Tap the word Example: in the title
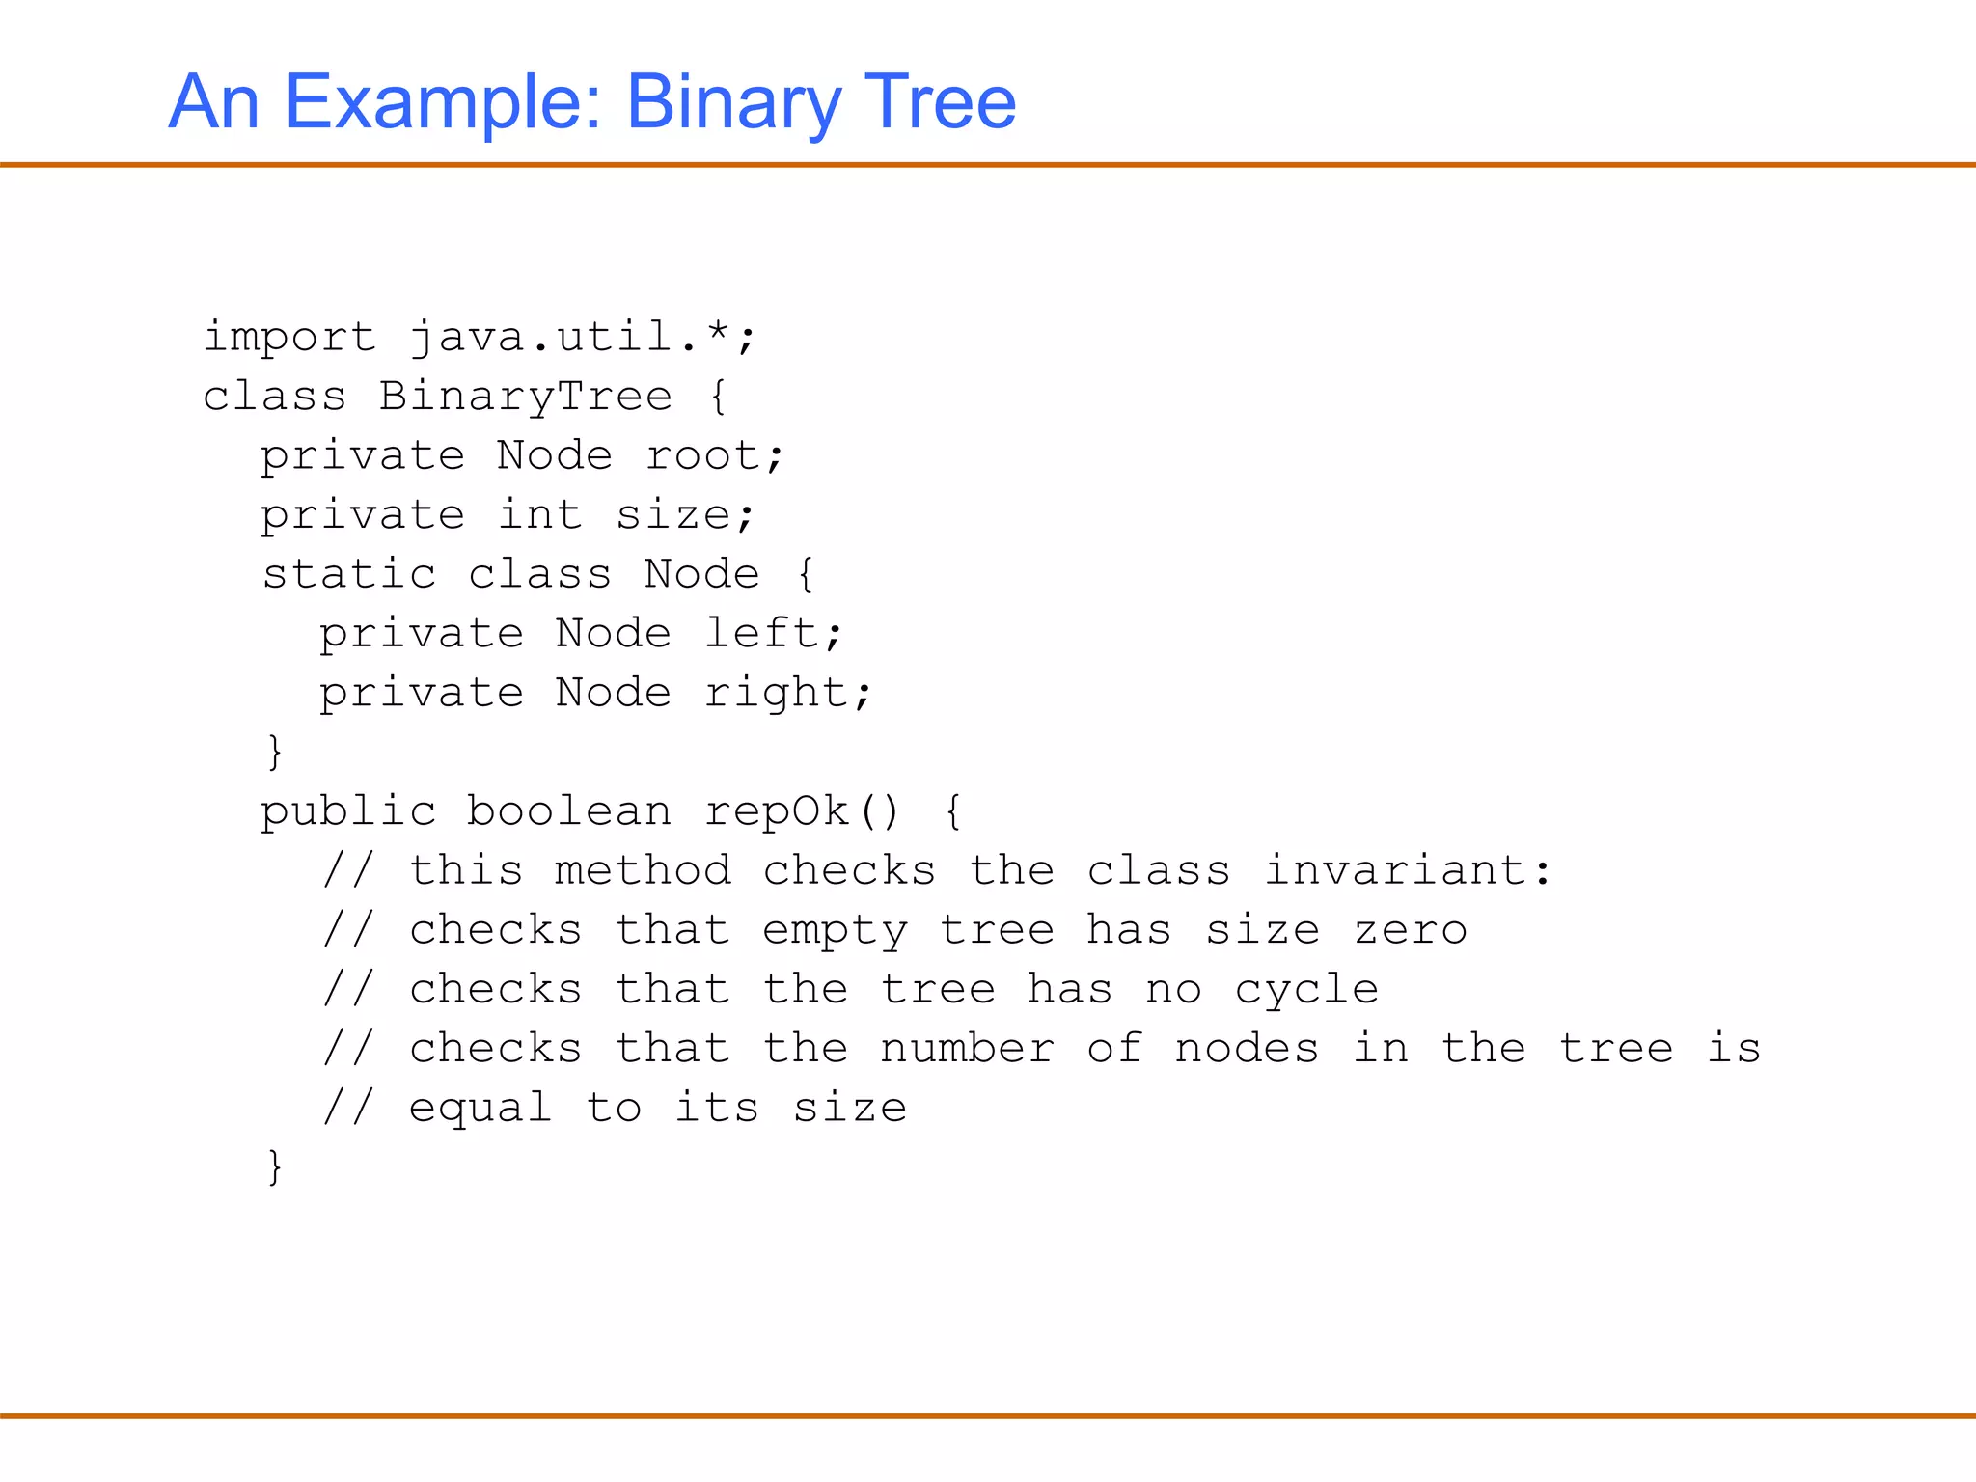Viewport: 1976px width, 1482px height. [443, 103]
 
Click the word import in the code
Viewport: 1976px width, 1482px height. [288, 337]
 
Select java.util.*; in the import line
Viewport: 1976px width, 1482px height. [582, 337]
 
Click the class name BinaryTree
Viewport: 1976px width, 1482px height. [525, 396]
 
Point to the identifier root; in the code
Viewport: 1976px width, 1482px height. [714, 455]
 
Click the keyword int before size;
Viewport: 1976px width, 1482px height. [539, 514]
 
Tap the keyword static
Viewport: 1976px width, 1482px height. [348, 574]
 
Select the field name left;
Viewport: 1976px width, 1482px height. [774, 633]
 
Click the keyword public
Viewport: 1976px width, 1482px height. [348, 811]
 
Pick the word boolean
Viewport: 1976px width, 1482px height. [568, 811]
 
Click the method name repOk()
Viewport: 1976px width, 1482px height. [802, 811]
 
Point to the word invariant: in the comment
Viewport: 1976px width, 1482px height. [1408, 870]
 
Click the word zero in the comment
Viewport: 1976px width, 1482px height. [1410, 930]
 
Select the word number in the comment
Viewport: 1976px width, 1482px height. [967, 1049]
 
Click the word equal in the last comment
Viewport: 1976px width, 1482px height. [480, 1108]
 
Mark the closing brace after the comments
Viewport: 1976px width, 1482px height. [275, 1166]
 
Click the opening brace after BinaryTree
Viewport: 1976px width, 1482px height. [718, 397]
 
